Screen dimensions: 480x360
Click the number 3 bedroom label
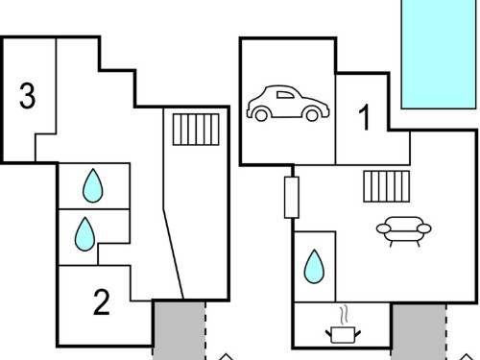coord(28,95)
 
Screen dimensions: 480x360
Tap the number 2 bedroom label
coord(102,302)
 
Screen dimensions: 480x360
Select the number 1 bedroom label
coord(365,117)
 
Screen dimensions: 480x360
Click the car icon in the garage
coord(288,103)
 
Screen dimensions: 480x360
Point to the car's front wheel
coord(312,114)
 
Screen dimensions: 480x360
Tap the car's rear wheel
coord(261,114)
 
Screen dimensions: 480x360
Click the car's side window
coord(285,95)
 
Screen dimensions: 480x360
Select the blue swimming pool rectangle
coord(439,54)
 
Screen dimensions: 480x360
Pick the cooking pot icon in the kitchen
coord(343,335)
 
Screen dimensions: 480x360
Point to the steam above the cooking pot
coord(344,316)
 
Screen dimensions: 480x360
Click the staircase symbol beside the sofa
coord(387,186)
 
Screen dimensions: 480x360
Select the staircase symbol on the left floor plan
coord(196,130)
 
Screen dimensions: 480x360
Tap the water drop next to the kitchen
coord(314,267)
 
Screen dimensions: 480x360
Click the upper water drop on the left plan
coord(93,185)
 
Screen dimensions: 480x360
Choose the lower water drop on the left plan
coord(84,234)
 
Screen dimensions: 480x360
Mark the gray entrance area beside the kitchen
coord(419,332)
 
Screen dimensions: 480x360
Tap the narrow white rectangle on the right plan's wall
coord(292,198)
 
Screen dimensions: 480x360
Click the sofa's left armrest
coord(384,228)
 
